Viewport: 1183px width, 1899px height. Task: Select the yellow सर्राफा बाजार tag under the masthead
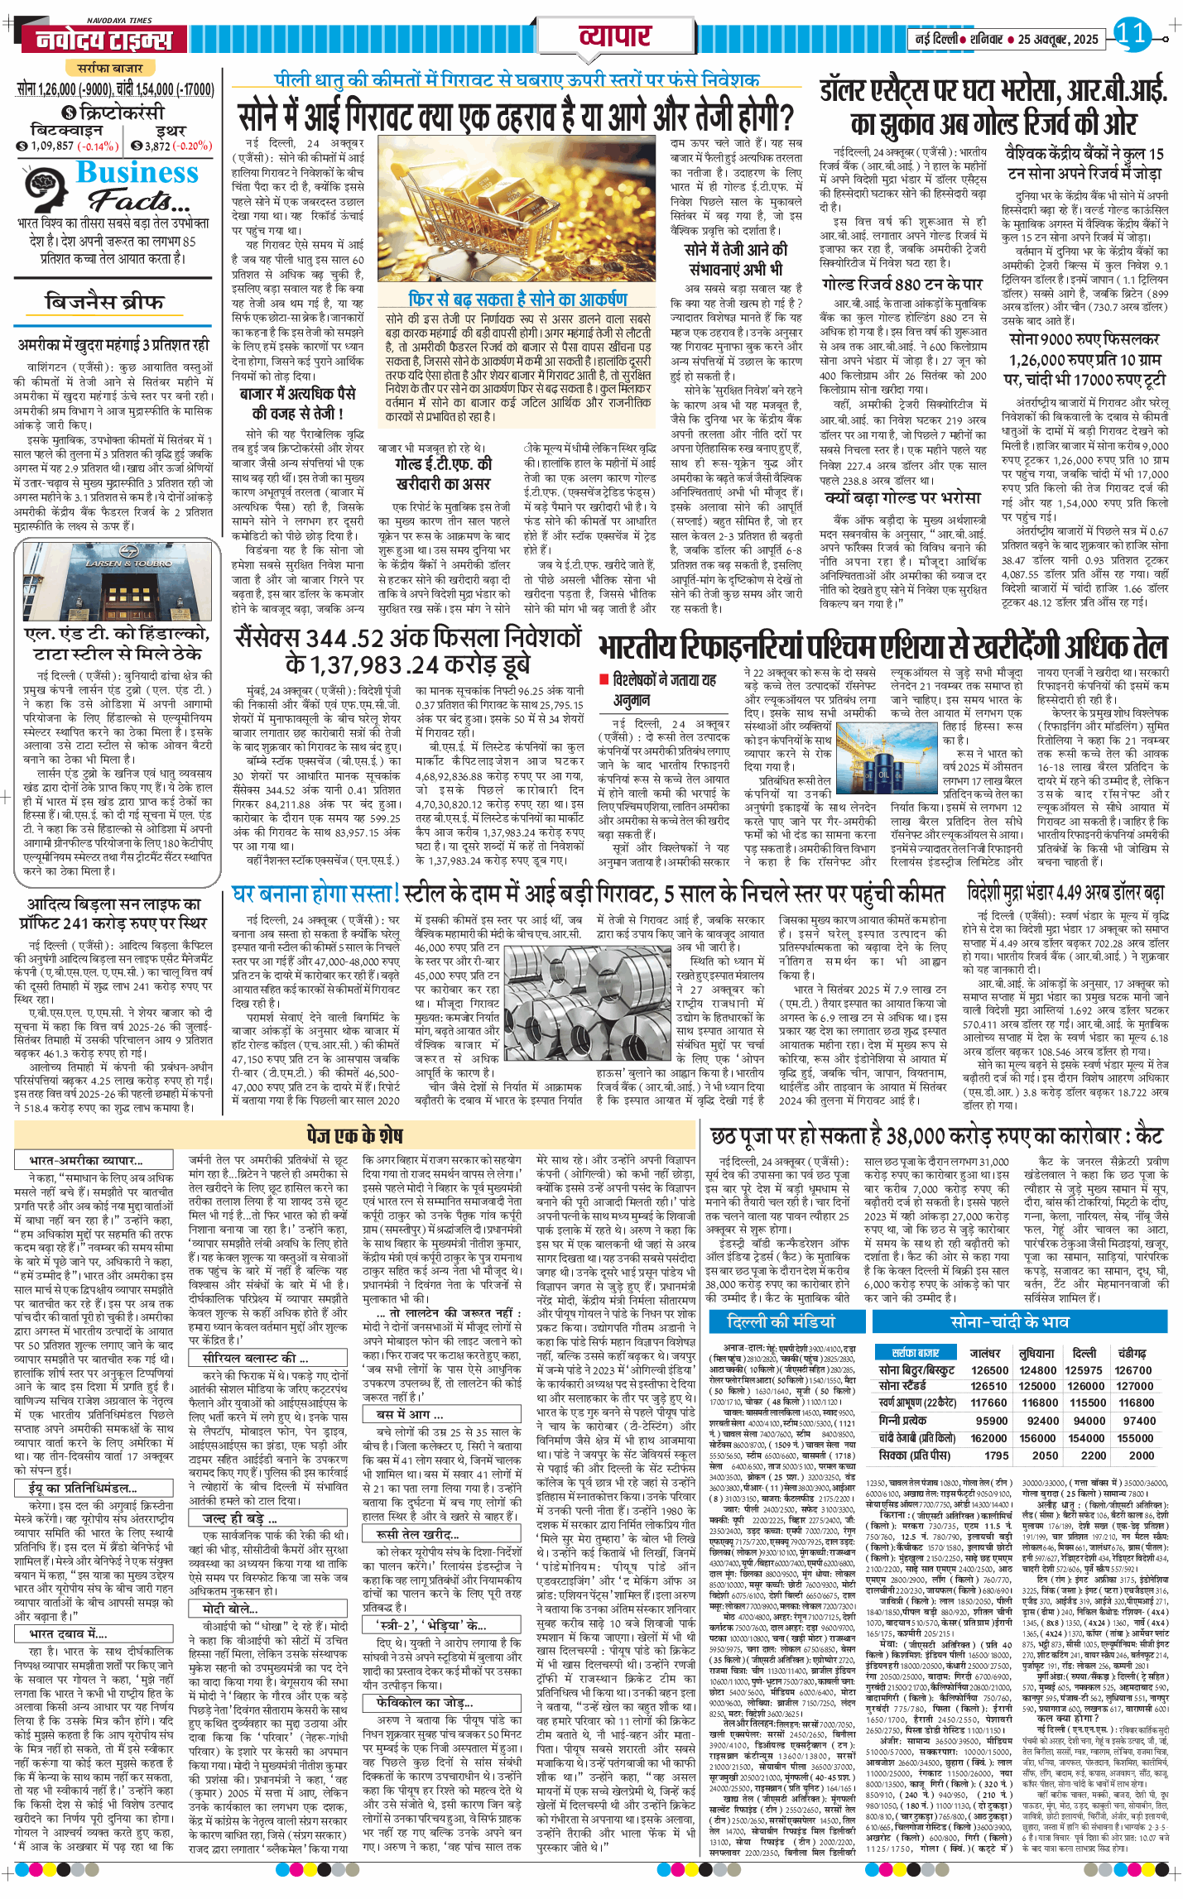[x=110, y=68]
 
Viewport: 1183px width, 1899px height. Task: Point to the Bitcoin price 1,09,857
[x=52, y=146]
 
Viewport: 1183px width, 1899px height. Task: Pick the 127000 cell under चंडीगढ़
[x=1134, y=1386]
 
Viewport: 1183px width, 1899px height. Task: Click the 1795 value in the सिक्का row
[x=997, y=1455]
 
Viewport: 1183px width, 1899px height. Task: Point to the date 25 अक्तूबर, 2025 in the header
[x=1057, y=39]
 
